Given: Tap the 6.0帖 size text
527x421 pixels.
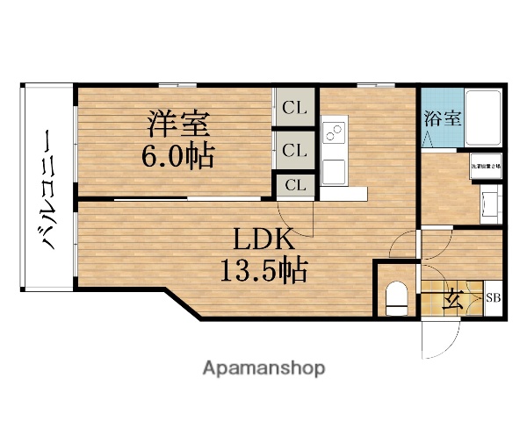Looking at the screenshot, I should click(x=178, y=157).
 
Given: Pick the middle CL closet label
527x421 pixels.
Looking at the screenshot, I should click(x=294, y=151).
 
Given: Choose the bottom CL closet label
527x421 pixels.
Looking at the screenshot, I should click(x=294, y=185).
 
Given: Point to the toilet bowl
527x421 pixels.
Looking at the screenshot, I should click(x=396, y=296).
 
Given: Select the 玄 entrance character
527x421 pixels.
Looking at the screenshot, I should click(x=451, y=301).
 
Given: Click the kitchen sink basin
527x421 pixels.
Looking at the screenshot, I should click(x=334, y=168).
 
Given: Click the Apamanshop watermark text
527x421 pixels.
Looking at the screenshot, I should click(x=263, y=367).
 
